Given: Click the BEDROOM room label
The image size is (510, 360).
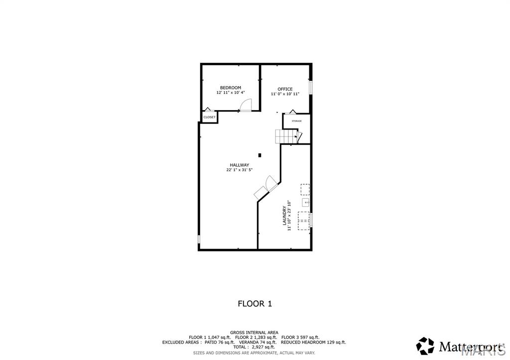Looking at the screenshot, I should coord(231,88).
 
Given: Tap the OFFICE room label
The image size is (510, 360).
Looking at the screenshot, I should coord(285,89).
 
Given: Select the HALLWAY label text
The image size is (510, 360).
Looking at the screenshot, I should coord(239,165).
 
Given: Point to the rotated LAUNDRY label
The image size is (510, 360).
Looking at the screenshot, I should coord(284,216).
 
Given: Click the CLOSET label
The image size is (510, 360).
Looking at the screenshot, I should coord(209,117).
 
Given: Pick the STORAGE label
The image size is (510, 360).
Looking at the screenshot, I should coord(296,121).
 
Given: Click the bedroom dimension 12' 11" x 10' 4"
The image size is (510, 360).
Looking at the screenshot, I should coord(231,93).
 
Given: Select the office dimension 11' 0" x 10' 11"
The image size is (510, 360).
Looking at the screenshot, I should coord(285,94).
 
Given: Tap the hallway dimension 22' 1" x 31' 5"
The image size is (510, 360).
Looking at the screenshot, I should coord(239,170).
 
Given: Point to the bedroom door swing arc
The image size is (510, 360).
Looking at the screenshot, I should coord(246,104).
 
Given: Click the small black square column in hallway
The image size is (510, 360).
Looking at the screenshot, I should coord(259,154).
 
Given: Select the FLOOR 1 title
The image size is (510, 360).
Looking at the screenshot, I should coord(255,303).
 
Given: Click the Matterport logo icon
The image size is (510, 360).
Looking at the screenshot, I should coord(425,346).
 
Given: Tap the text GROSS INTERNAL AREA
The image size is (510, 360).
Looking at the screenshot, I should coord(254,332).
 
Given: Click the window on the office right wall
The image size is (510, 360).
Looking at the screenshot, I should coord(310,87).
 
